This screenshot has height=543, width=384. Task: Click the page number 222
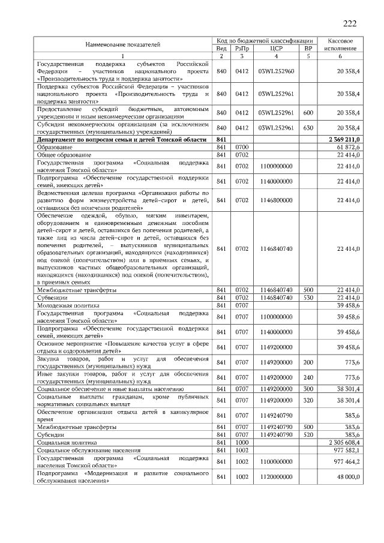pos(349,24)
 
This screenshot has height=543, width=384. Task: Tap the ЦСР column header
pos(277,48)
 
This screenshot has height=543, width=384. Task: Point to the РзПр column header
pos(242,48)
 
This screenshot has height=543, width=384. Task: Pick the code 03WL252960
pos(277,71)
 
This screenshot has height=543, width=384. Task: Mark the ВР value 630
pos(308,128)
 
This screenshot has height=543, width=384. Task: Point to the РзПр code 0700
pos(242,147)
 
